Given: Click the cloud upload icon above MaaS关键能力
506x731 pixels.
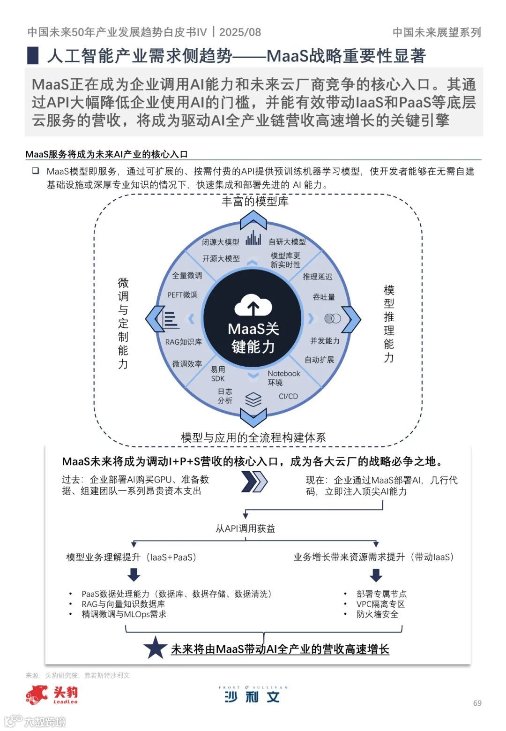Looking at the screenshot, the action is coord(253,305).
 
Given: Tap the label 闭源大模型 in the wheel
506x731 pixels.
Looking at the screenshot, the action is coord(221,242).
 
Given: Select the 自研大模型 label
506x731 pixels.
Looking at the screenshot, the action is coord(287,242).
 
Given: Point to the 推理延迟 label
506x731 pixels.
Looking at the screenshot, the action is coord(317,277).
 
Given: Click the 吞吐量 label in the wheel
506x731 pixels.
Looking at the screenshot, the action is coord(324,297).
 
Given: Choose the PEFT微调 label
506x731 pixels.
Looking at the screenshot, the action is coord(182,295).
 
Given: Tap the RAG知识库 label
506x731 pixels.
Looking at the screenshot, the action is coord(183,342).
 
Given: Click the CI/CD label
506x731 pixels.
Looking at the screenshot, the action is coord(288,396).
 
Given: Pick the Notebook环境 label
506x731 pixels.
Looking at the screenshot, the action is coord(283,378).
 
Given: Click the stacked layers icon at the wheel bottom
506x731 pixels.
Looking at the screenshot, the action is coord(253,399).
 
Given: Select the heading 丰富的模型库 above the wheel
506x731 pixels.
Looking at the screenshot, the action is coord(255,202).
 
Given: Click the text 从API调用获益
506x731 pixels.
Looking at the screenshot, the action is coord(245,528).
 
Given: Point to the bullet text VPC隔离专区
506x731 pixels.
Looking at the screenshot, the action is coord(380,604).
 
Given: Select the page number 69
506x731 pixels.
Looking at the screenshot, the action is coord(477,703).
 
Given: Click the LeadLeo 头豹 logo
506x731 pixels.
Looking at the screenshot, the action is coord(52,694).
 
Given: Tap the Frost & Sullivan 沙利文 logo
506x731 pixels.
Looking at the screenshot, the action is coord(253,694).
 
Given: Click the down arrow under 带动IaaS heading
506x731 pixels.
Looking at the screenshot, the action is coord(376,575).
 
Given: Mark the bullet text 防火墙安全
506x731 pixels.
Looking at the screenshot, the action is coord(377,614).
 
